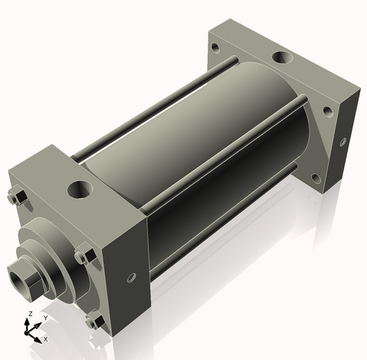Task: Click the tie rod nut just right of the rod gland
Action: (82, 257)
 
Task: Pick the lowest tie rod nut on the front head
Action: (92, 321)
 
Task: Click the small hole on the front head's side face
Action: (131, 278)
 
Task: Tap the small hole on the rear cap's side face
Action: (340, 144)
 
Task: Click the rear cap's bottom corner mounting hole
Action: (316, 178)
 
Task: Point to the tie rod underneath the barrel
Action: (220, 220)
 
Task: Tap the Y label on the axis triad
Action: (44, 318)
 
